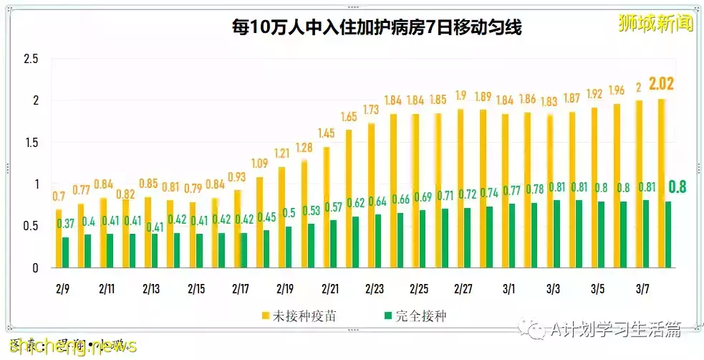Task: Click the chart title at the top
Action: click(x=376, y=27)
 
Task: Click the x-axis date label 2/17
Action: click(x=241, y=289)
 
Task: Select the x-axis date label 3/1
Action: click(x=508, y=289)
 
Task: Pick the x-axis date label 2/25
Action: click(x=419, y=289)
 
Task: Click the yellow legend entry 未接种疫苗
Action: click(x=302, y=316)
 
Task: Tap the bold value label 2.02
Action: click(x=661, y=83)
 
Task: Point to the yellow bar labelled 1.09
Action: click(x=259, y=222)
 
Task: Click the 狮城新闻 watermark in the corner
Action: click(x=656, y=24)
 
